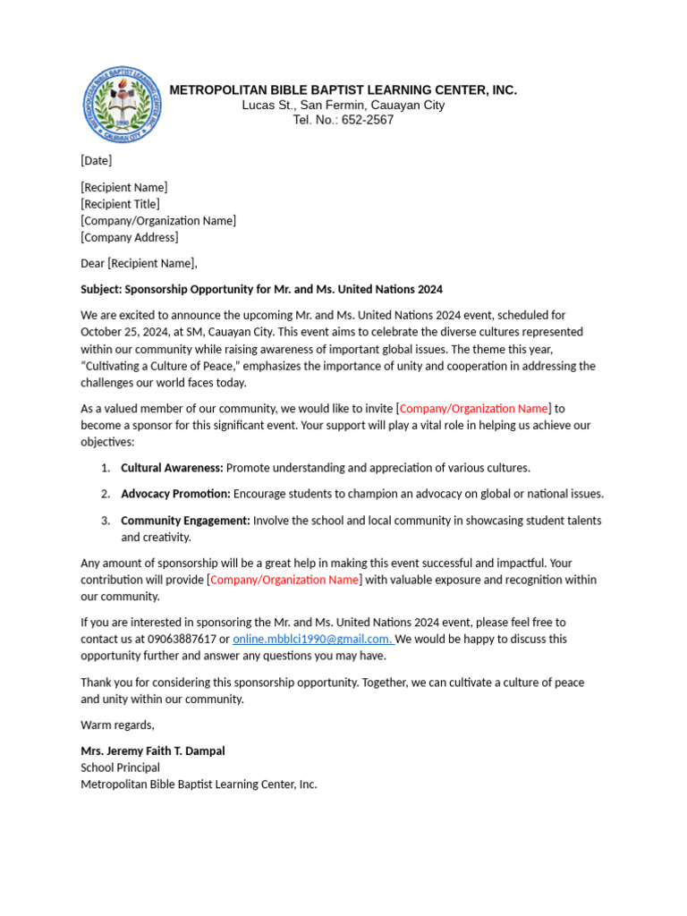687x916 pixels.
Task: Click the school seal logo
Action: click(123, 106)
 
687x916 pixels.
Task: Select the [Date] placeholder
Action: click(97, 161)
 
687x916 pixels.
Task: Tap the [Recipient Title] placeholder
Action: click(121, 204)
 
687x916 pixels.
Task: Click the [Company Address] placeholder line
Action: click(130, 237)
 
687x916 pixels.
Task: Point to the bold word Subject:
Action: click(101, 289)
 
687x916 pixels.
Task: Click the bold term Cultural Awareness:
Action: click(173, 468)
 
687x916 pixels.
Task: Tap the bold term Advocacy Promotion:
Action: click(175, 494)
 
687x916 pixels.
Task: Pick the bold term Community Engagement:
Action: click(185, 521)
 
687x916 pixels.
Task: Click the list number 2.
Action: click(105, 494)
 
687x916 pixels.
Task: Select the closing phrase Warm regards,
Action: click(117, 725)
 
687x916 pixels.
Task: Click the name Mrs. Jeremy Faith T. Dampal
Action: click(153, 751)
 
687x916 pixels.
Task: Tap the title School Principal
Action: click(121, 768)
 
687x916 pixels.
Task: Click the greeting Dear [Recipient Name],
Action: click(139, 263)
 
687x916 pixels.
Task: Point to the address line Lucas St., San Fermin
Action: click(304, 106)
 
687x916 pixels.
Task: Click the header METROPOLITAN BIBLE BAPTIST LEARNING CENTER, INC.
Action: click(343, 90)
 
